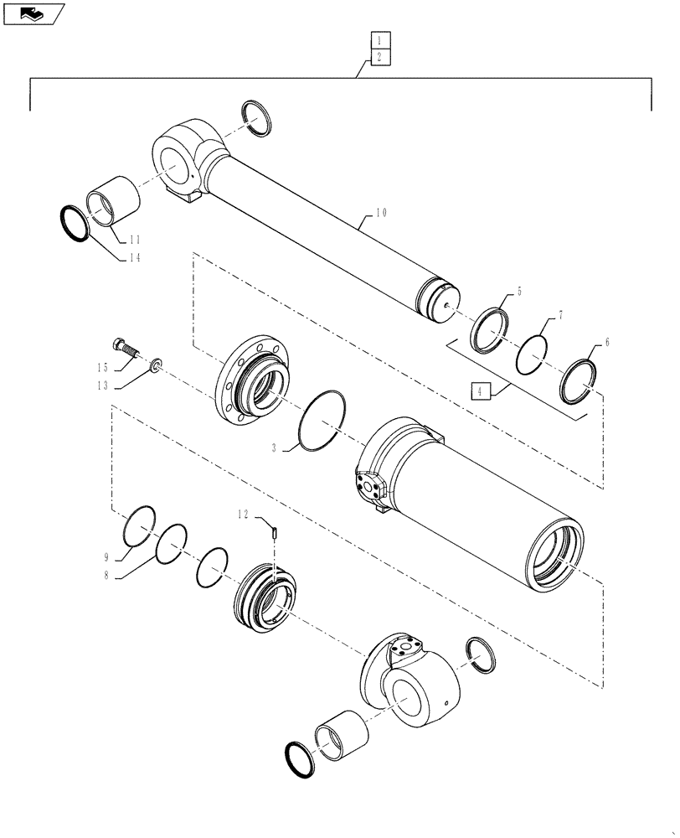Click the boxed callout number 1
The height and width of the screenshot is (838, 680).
click(x=379, y=40)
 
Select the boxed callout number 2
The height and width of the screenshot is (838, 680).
click(x=379, y=57)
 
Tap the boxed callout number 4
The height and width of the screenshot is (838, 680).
click(x=478, y=390)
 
